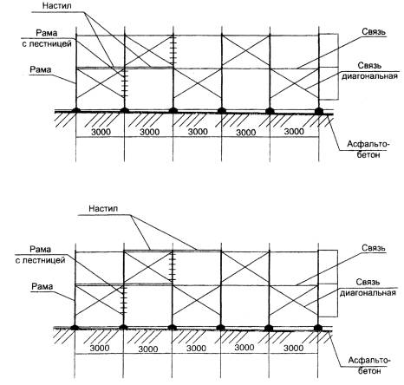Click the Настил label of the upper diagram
click(x=56, y=6)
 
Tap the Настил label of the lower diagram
click(x=103, y=208)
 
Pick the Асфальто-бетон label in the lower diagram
click(x=369, y=365)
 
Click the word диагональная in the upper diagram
click(x=369, y=76)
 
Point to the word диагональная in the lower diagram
click(x=368, y=292)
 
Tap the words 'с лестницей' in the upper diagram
click(x=47, y=44)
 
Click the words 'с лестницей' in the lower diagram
click(x=40, y=260)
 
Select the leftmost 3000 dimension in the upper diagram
click(x=101, y=132)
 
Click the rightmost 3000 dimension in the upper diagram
click(x=294, y=132)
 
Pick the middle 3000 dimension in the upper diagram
click(x=198, y=132)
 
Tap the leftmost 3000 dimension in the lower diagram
click(x=100, y=348)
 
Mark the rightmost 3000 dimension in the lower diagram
click(x=293, y=348)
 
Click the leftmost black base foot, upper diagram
click(x=76, y=110)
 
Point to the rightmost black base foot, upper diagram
click(x=319, y=111)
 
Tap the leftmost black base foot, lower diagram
click(x=75, y=327)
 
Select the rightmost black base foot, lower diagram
click(x=318, y=328)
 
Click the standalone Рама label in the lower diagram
click(x=42, y=286)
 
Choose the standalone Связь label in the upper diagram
click(x=374, y=32)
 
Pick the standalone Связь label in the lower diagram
click(x=374, y=248)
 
